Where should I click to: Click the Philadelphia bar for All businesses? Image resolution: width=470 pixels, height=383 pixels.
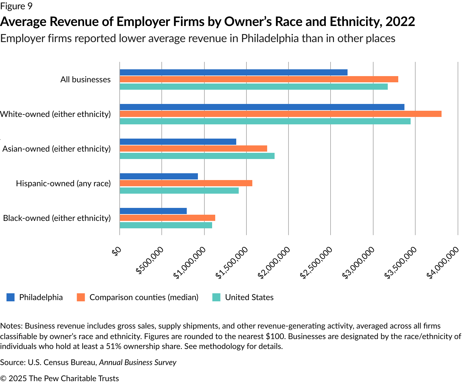233,72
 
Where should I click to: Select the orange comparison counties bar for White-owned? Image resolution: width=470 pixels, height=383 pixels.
280,114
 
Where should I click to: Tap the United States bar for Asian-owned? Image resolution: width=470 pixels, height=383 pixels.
197,156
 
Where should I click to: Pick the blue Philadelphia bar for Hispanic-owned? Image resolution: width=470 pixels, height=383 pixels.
159,176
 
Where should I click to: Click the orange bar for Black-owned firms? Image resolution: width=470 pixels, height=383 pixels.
167,218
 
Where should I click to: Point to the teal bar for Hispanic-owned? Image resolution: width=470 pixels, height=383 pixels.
179,191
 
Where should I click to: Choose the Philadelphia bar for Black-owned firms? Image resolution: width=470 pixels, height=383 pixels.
153,211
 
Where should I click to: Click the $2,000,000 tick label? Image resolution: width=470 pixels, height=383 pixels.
275,263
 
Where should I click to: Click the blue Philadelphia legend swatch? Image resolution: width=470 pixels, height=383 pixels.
11,297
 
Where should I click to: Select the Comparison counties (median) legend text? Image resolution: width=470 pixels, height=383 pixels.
144,297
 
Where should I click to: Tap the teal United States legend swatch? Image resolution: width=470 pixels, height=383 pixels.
216,297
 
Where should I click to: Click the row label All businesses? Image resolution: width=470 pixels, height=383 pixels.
85,80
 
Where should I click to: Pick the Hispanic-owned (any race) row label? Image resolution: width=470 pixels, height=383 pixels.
63,183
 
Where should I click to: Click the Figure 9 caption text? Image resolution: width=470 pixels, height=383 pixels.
16,6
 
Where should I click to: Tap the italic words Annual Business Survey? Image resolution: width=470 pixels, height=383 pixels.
138,362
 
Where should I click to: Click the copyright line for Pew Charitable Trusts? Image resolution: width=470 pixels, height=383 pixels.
59,378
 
